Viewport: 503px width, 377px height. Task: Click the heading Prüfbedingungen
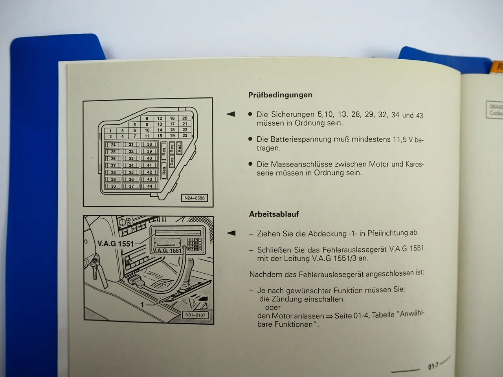[280, 95]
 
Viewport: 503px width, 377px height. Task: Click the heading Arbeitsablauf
[274, 214]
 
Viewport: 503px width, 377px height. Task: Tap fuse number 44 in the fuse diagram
[149, 186]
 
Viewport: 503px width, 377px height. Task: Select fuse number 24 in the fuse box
[113, 145]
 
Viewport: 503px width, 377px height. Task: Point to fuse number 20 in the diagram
[185, 118]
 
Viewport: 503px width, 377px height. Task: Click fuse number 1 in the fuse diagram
[110, 131]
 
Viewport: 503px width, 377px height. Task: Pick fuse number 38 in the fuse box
[149, 145]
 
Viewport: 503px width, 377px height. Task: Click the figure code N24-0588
[195, 198]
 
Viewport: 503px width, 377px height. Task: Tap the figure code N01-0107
[195, 315]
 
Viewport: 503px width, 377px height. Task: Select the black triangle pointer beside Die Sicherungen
[231, 114]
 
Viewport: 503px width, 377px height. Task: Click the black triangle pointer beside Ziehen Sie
[231, 233]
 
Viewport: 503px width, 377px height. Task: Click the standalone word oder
[273, 307]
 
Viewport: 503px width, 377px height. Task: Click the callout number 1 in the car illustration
[142, 304]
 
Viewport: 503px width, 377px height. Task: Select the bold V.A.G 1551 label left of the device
[116, 244]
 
